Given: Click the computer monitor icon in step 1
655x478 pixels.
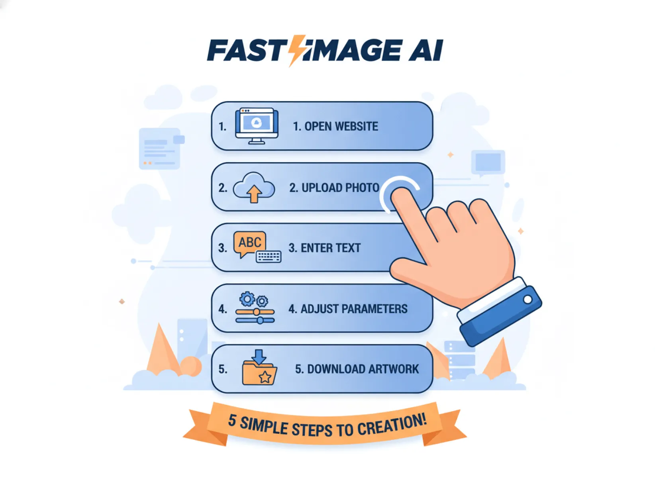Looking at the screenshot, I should click(257, 125).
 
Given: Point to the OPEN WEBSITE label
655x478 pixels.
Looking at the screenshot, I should click(335, 127).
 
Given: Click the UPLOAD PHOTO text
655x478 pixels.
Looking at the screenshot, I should click(334, 188).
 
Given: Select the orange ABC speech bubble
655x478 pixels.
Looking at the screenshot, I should click(250, 243).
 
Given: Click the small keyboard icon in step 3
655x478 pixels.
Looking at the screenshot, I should click(269, 257).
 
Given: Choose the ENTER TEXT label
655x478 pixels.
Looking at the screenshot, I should click(324, 248).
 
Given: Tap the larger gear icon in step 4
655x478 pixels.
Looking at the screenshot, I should click(247, 298).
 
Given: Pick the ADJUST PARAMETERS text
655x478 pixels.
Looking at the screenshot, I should click(348, 309).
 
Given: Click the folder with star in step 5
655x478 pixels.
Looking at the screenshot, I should click(259, 373).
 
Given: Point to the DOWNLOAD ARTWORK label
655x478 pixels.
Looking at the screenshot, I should click(357, 369).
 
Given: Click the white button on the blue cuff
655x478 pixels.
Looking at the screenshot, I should click(528, 299).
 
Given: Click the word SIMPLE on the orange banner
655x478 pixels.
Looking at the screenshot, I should click(263, 426).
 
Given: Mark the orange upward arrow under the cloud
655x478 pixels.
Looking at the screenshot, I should click(254, 195).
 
